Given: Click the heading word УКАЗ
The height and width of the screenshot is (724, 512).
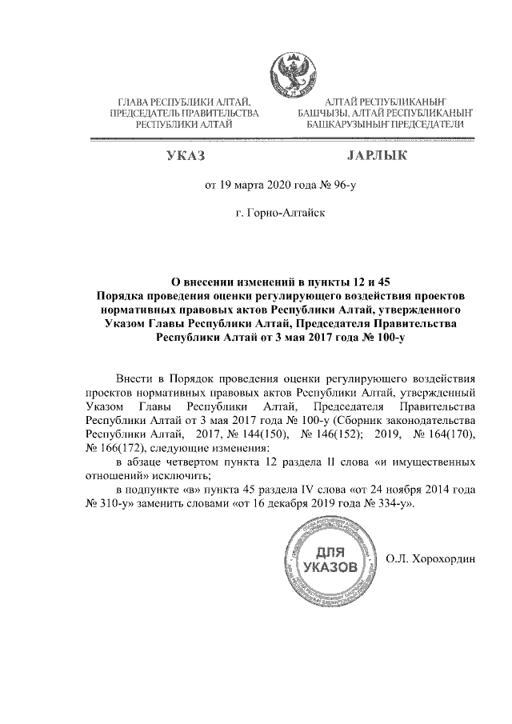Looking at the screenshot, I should (185, 154).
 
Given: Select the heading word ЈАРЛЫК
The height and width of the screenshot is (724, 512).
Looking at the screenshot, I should (377, 154).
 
